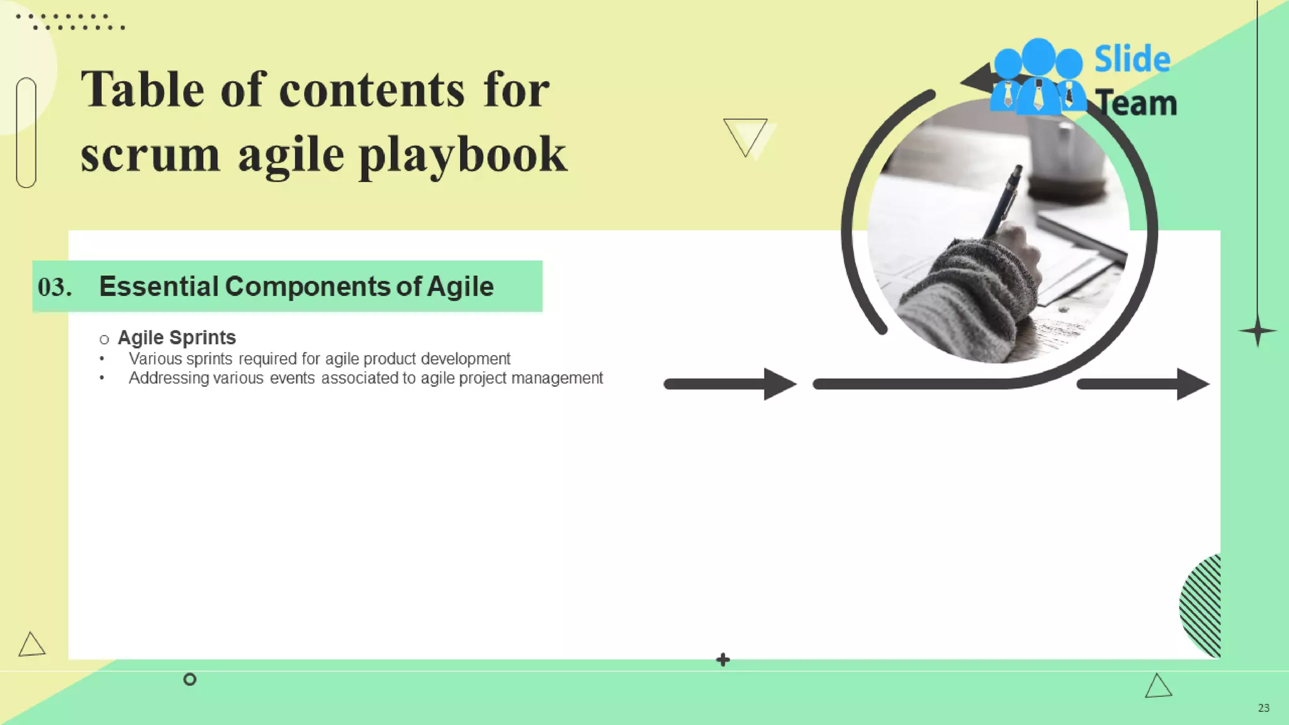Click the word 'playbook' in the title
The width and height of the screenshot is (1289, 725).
click(463, 156)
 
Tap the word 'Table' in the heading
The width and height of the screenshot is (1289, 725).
click(142, 90)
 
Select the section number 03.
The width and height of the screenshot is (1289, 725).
click(54, 287)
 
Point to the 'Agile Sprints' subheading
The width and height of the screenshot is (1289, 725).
click(176, 338)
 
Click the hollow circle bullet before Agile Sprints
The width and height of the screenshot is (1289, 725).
click(104, 340)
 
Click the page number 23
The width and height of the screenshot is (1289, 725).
click(1263, 708)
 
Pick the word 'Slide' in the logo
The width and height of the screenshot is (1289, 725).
click(1132, 60)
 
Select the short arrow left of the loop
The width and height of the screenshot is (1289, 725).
click(730, 384)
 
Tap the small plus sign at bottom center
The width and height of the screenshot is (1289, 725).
click(723, 660)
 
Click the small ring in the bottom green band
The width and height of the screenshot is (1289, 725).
click(189, 679)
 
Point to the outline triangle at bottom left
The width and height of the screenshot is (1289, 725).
click(31, 645)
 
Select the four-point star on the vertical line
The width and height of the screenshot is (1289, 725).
click(1258, 331)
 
